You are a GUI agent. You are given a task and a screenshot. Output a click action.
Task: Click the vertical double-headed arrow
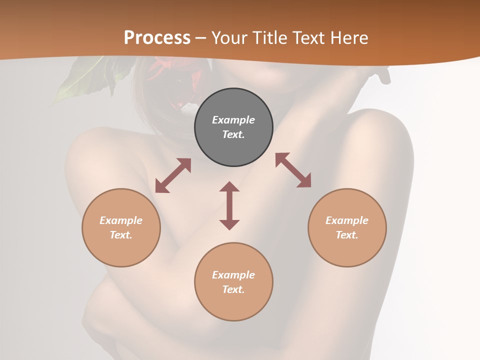229,205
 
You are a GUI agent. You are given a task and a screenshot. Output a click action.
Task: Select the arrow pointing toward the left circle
173,175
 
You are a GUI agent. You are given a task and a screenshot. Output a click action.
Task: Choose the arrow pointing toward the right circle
293,170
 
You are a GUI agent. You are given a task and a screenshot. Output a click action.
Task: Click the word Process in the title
157,38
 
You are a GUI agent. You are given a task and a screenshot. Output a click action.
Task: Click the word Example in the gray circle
233,120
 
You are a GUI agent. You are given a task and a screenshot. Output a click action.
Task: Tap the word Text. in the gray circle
233,134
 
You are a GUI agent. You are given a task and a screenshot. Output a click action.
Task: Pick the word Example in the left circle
121,220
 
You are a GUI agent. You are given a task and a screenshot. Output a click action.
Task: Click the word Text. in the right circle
347,235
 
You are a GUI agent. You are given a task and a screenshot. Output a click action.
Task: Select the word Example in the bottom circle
233,275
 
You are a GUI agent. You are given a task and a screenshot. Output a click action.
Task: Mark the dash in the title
200,38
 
